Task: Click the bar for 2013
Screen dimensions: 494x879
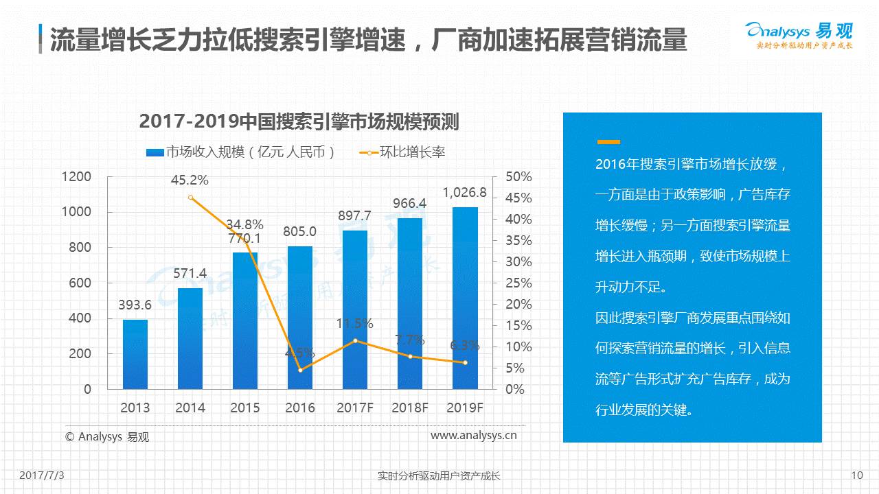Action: [x=135, y=354]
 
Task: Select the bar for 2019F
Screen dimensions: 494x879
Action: [x=465, y=298]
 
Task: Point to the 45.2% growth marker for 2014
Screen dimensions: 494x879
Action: [x=190, y=198]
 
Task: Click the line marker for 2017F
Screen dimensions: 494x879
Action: [x=355, y=341]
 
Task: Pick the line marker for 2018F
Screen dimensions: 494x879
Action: [x=410, y=357]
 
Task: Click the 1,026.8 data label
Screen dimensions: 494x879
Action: [x=464, y=193]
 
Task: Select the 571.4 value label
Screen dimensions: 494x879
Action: [x=190, y=273]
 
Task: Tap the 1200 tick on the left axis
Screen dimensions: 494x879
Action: [x=76, y=177]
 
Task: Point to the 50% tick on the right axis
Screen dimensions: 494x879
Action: [x=518, y=177]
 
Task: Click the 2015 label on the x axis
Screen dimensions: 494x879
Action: [x=245, y=408]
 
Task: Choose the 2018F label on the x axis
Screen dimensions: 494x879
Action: [x=410, y=408]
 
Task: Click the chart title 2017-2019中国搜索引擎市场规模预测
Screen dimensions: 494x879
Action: [x=299, y=121]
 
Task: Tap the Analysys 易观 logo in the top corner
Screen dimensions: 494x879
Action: [x=799, y=34]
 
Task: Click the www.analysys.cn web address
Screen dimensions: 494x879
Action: [x=473, y=435]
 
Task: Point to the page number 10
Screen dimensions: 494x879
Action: [x=856, y=475]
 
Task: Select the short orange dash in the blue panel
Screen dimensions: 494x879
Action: [x=608, y=142]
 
